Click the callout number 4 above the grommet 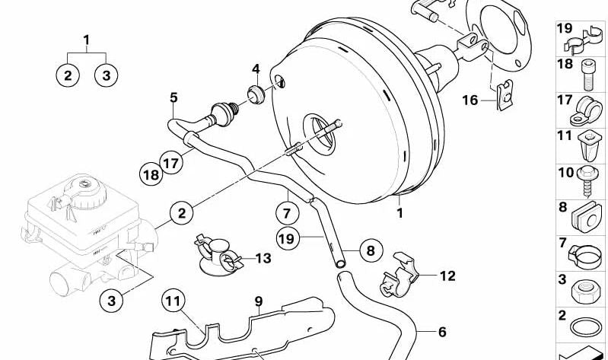tap(256, 70)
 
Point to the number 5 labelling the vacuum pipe tap(173, 97)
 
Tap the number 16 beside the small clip tap(470, 100)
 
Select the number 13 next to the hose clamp tap(263, 259)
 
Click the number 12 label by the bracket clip tap(447, 276)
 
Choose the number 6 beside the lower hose tap(442, 332)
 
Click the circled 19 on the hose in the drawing tap(285, 238)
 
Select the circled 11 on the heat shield tap(173, 302)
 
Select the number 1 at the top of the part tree tap(86, 40)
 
